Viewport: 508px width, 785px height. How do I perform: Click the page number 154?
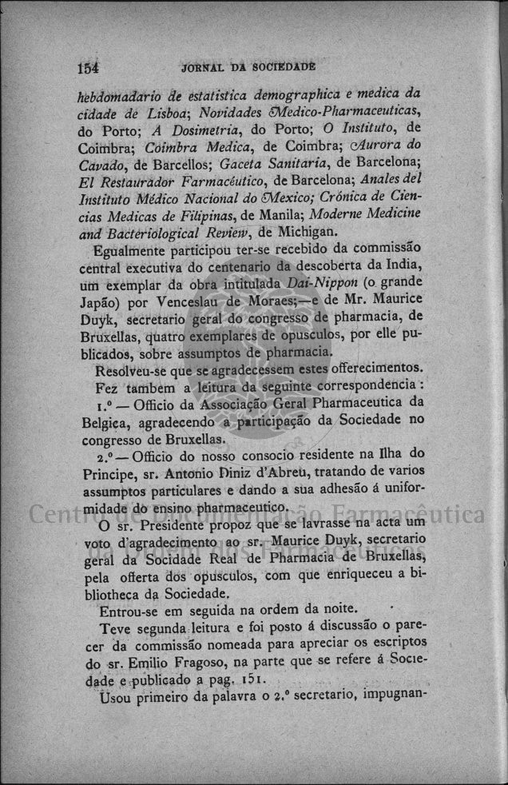tap(94, 68)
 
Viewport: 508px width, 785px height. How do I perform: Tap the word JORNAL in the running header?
tap(206, 68)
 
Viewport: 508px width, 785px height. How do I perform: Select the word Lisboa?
tap(166, 111)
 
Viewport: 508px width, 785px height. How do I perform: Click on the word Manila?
tap(284, 215)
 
